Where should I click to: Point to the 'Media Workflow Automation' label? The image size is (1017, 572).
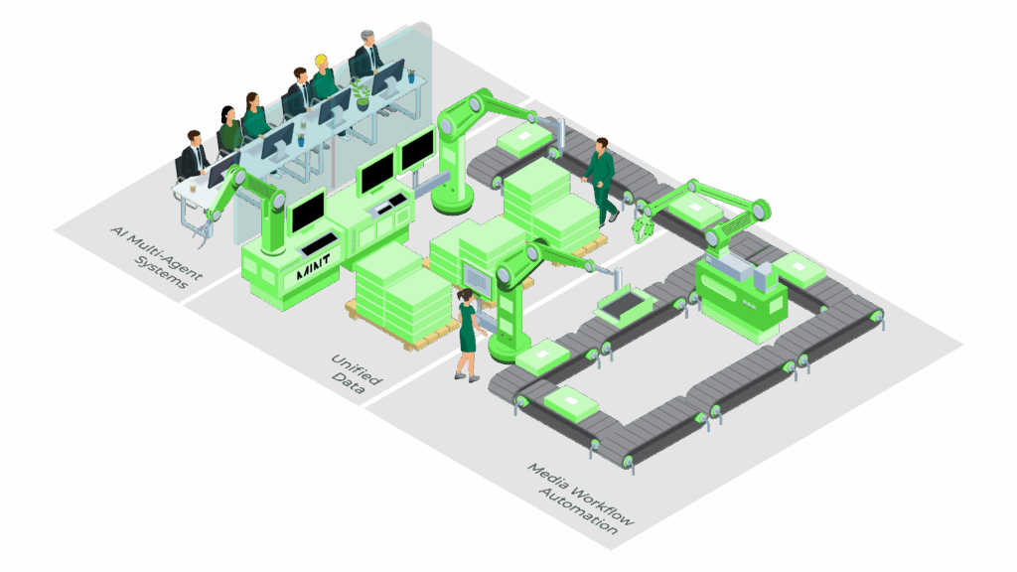click(x=582, y=497)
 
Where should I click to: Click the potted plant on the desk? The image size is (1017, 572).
click(x=361, y=91)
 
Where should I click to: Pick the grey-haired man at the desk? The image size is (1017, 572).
click(x=366, y=55)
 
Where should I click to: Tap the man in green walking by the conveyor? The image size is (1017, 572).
click(x=600, y=180)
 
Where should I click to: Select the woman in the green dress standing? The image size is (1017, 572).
click(x=468, y=333)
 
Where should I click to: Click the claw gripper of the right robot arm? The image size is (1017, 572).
click(x=641, y=225)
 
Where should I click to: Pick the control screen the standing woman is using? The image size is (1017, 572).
click(x=476, y=281)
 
